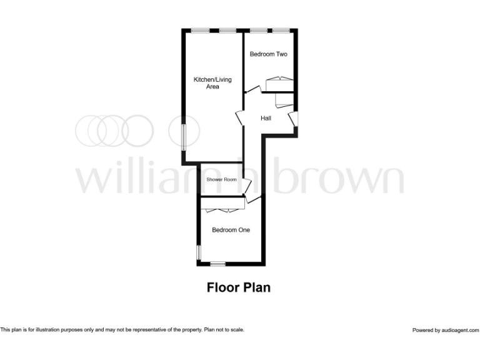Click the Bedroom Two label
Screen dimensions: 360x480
tap(269, 54)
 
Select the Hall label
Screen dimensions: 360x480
tap(266, 117)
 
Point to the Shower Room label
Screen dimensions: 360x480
tap(222, 180)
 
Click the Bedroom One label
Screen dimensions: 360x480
tap(231, 230)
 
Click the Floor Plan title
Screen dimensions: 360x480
tap(238, 287)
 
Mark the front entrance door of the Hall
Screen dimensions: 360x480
tap(293, 119)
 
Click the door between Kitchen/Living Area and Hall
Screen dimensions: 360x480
tap(240, 117)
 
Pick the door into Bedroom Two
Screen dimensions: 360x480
tap(252, 91)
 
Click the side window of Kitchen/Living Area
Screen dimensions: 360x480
tap(184, 136)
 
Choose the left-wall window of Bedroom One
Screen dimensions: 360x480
tap(199, 251)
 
